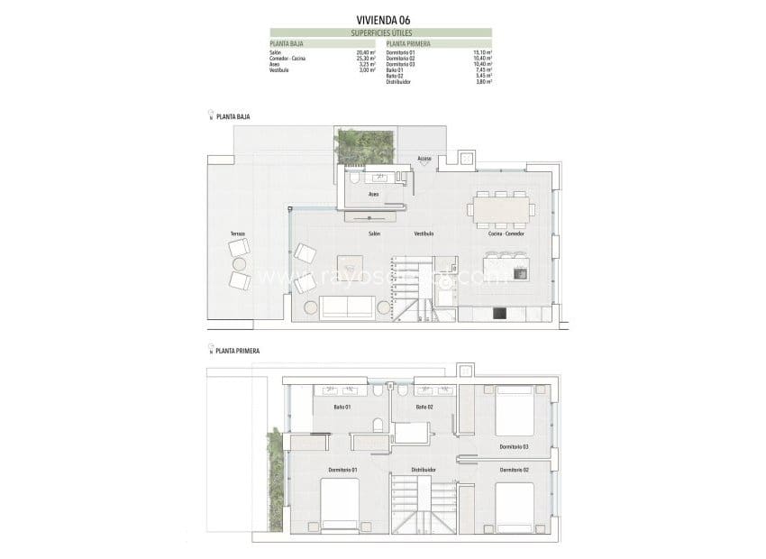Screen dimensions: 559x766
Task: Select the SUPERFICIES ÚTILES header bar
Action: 381,32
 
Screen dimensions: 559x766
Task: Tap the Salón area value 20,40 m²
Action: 366,53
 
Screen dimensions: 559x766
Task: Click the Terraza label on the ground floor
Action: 237,234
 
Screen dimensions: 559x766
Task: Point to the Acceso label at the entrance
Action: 424,159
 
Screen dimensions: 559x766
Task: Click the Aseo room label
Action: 374,194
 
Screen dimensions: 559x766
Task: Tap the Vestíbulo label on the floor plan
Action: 424,234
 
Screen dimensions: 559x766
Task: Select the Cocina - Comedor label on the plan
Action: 506,234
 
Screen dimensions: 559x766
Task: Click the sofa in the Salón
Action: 349,307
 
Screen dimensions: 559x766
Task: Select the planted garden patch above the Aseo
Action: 365,145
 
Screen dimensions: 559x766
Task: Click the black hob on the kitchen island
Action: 519,272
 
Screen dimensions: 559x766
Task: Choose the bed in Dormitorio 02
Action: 515,506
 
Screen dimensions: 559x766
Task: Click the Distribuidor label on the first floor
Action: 424,470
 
